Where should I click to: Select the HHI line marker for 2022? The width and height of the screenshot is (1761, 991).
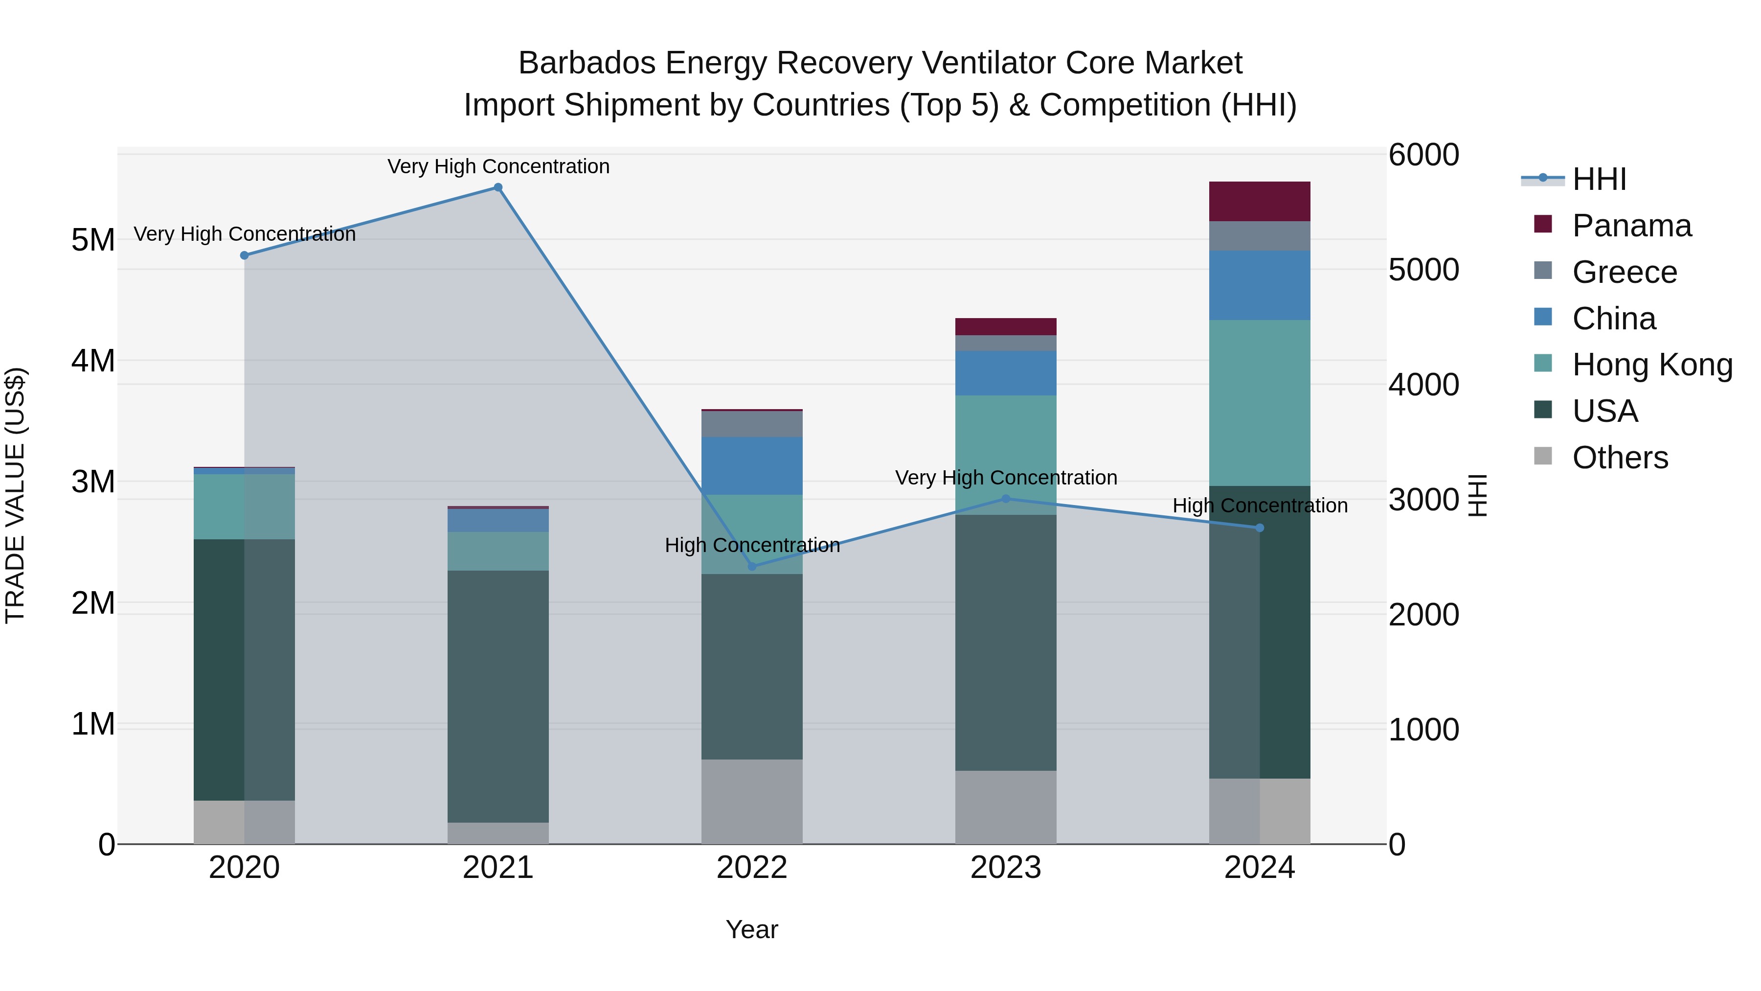coord(752,566)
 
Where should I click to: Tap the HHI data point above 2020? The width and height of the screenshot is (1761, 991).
coord(244,255)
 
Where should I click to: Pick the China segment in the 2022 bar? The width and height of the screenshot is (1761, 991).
coord(752,466)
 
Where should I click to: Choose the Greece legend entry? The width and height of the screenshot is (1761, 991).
coord(1624,272)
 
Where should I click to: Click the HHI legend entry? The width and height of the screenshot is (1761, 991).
coord(1599,179)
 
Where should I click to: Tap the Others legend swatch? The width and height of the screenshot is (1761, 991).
coord(1543,456)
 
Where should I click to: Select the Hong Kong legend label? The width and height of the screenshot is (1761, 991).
coord(1652,365)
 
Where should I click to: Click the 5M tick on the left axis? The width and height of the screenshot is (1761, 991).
coord(93,240)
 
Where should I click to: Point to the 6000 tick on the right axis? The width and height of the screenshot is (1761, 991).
coord(1424,155)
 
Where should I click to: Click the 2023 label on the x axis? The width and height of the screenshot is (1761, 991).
coord(1006,868)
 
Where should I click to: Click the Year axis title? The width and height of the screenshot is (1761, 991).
coord(751,929)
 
